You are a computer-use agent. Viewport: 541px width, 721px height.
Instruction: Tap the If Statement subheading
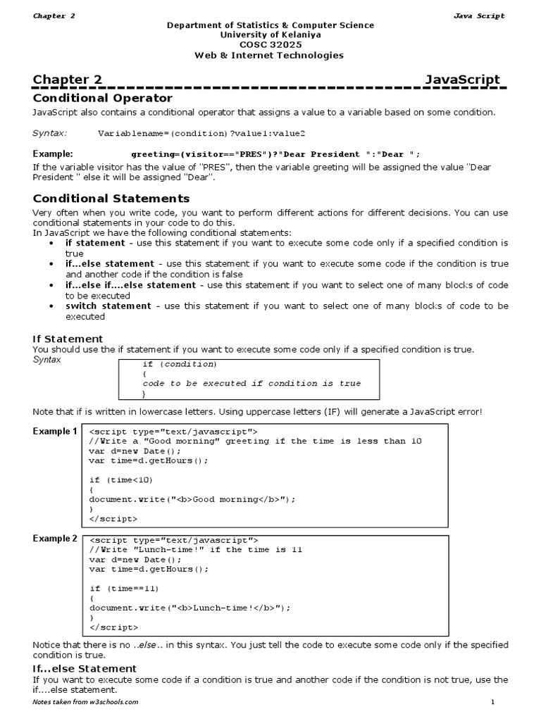pos(68,339)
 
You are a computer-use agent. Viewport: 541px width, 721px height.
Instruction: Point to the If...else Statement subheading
pos(85,667)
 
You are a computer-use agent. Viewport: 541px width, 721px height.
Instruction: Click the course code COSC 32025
pos(270,44)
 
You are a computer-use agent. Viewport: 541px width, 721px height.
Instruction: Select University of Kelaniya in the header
pos(270,35)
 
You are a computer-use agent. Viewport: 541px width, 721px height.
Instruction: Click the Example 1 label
pos(55,431)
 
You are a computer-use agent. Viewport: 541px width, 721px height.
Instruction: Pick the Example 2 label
pos(55,539)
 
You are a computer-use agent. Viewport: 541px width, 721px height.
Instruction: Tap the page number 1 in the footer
pos(493,702)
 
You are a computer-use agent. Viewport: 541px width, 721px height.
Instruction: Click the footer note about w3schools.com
pos(85,702)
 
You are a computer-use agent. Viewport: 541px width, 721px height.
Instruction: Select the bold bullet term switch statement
pos(108,306)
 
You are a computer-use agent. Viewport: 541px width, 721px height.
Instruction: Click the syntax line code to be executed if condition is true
pos(251,384)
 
